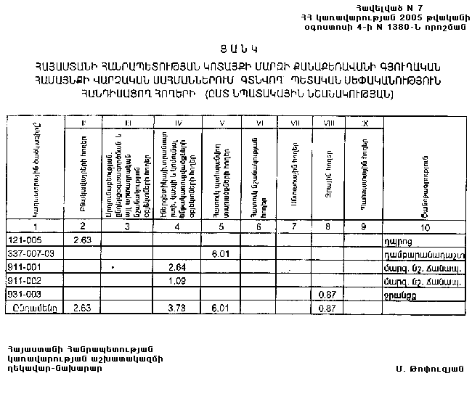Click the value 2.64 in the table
click(x=177, y=267)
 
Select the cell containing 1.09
click(x=177, y=280)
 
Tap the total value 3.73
click(x=177, y=308)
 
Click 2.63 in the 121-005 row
click(x=83, y=239)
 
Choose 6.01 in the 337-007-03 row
click(x=221, y=253)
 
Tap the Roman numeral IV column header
click(x=177, y=123)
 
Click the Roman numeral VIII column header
click(x=327, y=123)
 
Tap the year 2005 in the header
click(x=389, y=16)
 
